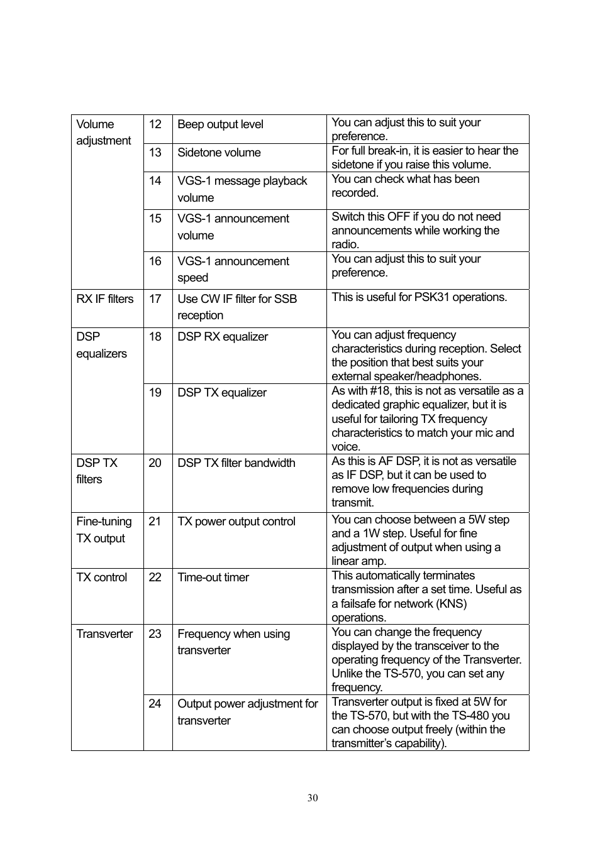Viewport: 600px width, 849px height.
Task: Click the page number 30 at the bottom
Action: click(x=313, y=797)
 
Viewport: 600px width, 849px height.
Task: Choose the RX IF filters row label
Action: click(x=105, y=299)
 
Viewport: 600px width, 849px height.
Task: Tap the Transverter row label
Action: click(x=104, y=634)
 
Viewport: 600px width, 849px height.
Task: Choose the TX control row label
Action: click(x=102, y=578)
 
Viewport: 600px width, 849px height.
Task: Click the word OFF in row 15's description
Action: click(x=398, y=217)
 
